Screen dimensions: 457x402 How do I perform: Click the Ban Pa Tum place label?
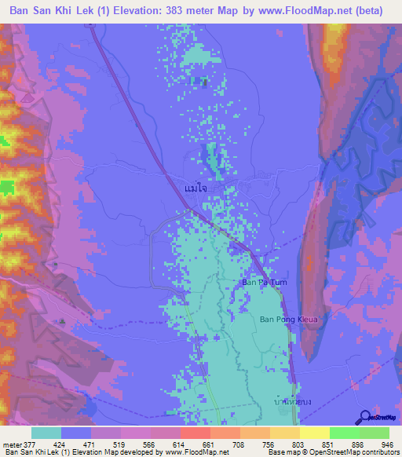[258, 283]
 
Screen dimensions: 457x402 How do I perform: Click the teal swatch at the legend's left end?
[46, 433]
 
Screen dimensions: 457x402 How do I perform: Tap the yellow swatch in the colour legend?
[314, 433]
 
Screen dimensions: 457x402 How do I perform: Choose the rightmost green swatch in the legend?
[375, 433]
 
